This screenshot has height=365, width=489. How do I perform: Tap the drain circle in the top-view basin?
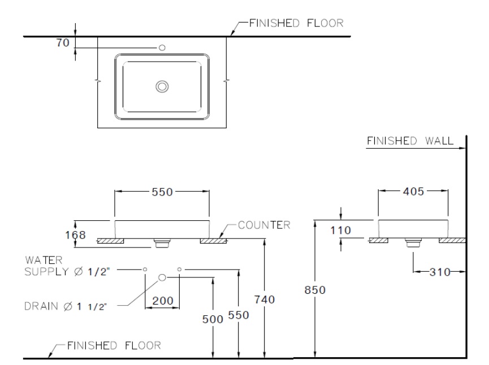click(x=162, y=86)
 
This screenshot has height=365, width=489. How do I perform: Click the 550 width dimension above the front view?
click(x=162, y=192)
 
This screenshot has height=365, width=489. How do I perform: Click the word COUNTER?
click(x=264, y=225)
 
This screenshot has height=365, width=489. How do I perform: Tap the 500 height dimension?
click(x=213, y=319)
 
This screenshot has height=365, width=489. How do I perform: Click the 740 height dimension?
click(x=264, y=299)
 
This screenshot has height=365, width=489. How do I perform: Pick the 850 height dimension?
click(x=314, y=290)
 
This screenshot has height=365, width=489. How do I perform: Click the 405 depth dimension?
click(x=413, y=192)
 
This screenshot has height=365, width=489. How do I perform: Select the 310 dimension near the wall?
click(x=439, y=272)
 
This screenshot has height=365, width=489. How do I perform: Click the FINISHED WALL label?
click(x=409, y=141)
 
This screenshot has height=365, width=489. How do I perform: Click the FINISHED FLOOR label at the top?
click(x=297, y=23)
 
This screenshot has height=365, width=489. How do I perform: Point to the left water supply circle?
click(x=145, y=270)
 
